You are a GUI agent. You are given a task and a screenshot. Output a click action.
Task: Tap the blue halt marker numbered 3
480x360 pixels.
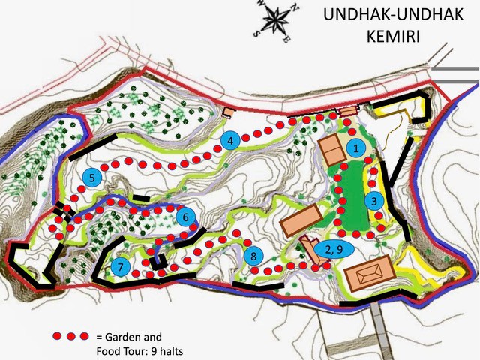pyautogui.click(x=375, y=200)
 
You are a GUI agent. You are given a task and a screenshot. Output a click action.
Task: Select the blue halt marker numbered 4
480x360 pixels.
pyautogui.click(x=232, y=140)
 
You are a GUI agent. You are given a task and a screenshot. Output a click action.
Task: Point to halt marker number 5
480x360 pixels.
pyautogui.click(x=91, y=178)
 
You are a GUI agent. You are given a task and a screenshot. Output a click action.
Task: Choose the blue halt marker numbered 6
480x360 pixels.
pyautogui.click(x=187, y=217)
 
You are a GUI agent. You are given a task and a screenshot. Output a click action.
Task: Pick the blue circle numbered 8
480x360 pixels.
pyautogui.click(x=254, y=256)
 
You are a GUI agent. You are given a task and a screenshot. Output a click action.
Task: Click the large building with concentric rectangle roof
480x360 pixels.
pyautogui.click(x=370, y=275)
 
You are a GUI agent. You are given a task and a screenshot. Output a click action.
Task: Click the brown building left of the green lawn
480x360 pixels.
pyautogui.click(x=300, y=222)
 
